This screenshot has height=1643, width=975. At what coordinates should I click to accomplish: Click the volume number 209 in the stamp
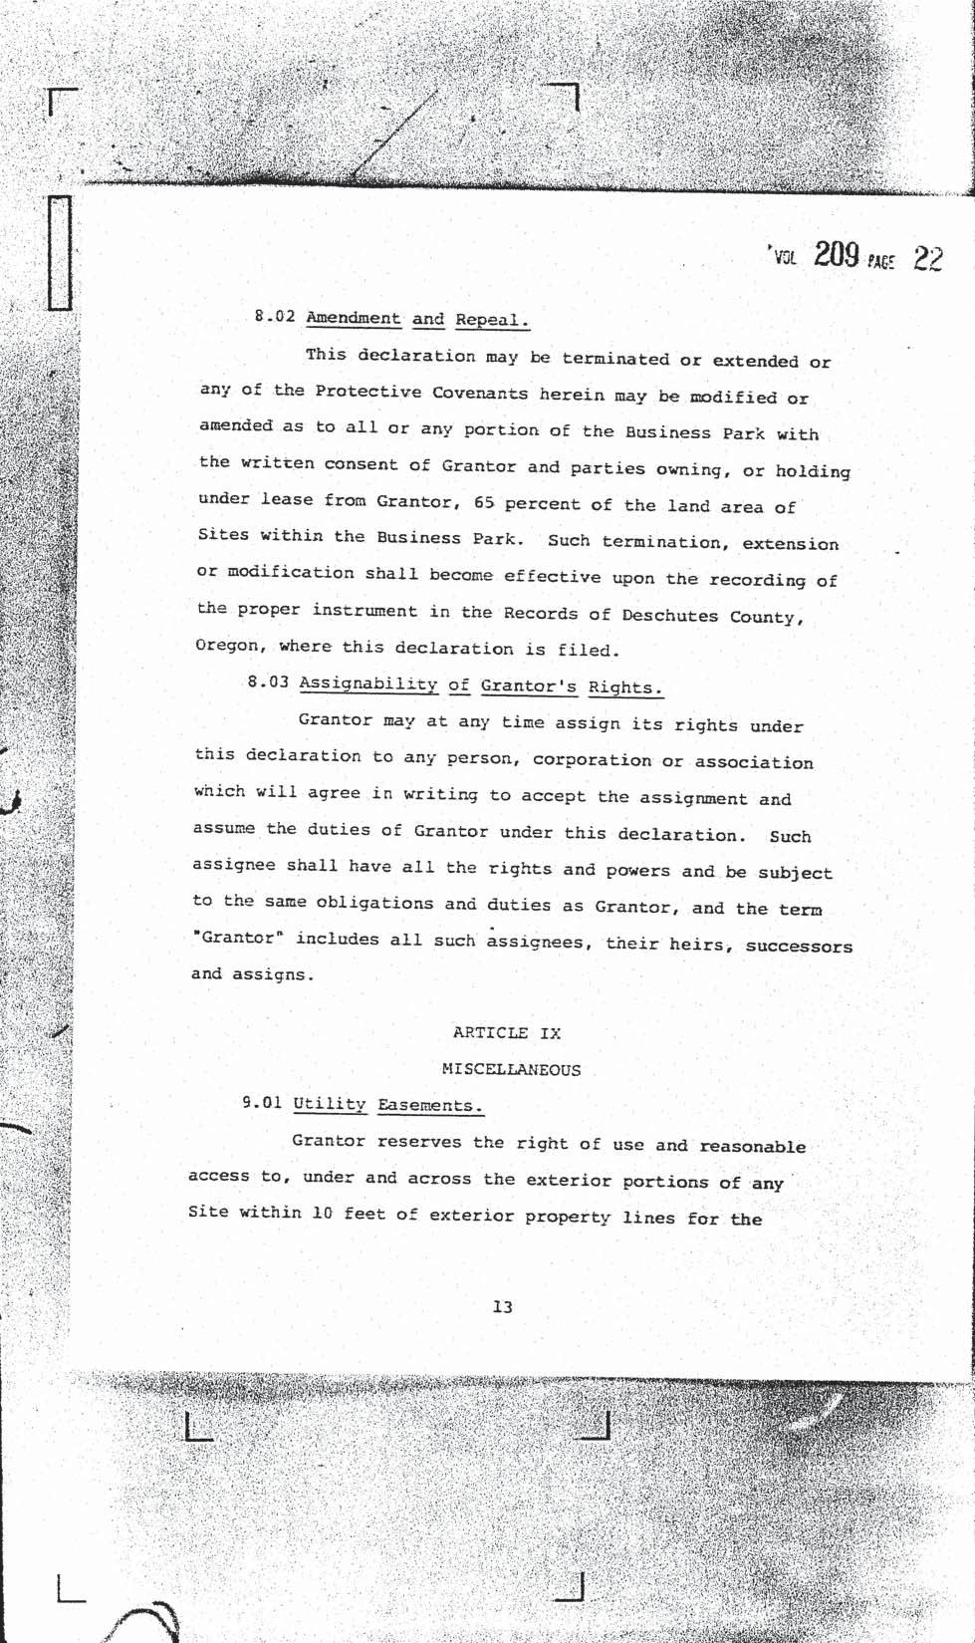[836, 256]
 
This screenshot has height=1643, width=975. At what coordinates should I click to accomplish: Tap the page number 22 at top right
[927, 259]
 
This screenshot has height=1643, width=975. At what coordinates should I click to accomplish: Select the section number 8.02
[276, 317]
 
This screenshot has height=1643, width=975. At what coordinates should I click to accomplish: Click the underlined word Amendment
[353, 318]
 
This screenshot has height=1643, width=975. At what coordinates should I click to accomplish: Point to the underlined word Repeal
[491, 320]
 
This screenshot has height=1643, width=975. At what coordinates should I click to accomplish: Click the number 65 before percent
[484, 502]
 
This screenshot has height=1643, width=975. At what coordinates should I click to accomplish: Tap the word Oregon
[229, 645]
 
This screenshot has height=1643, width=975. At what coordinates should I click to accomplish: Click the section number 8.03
[268, 683]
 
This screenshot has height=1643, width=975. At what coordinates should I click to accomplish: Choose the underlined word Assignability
[367, 684]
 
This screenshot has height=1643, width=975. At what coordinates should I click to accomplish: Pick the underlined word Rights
[624, 686]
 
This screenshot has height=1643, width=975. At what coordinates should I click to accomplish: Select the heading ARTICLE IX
[506, 1032]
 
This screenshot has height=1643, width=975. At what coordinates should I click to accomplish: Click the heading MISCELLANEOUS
[511, 1069]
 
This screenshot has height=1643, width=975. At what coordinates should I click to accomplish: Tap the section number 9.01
[262, 1103]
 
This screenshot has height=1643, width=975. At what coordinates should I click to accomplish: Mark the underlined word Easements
[430, 1105]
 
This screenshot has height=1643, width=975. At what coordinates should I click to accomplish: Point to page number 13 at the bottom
[502, 1306]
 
